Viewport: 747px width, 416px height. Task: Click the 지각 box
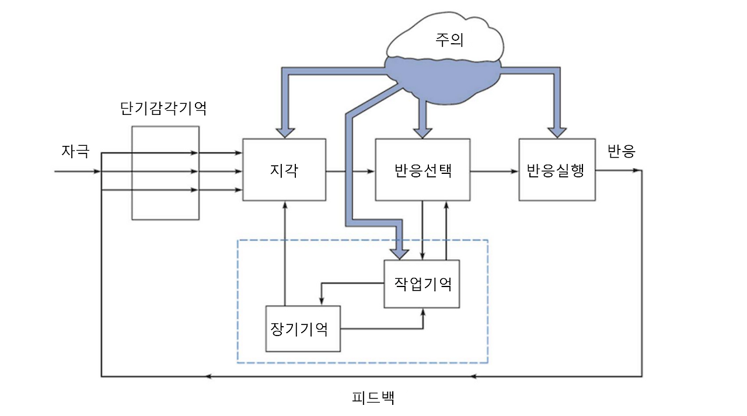pos(284,170)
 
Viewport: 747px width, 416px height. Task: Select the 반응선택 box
pos(423,170)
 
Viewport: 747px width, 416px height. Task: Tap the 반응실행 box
pos(557,170)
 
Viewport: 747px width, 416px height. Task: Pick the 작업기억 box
pos(422,284)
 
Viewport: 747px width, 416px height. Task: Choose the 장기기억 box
pos(303,328)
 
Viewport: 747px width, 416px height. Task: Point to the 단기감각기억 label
pos(163,109)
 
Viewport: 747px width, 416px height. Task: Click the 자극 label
pos(76,152)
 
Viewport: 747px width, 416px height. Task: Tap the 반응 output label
pos(622,152)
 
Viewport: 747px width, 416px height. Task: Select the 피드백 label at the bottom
pos(373,398)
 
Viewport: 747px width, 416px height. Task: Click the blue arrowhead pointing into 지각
pos(284,131)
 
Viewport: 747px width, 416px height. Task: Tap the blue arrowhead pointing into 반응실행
pos(557,131)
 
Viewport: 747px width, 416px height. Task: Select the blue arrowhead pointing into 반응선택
pos(423,131)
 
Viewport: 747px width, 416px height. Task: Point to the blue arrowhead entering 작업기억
pos(400,252)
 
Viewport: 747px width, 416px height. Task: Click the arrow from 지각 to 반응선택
pos(350,172)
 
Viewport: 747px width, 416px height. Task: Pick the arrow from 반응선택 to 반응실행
pos(494,172)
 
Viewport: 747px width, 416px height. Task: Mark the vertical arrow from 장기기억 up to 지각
pos(285,251)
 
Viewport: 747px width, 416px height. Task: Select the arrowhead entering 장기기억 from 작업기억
pos(322,300)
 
